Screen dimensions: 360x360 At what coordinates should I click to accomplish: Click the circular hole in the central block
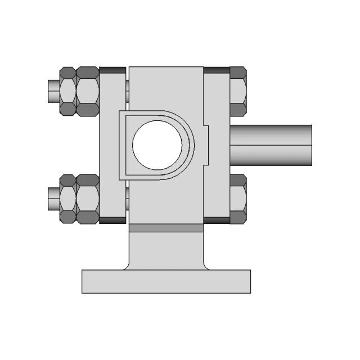click(157, 145)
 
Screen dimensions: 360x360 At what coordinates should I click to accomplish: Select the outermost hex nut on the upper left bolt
click(67, 91)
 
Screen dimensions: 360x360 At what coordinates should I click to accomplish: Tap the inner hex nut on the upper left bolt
click(87, 91)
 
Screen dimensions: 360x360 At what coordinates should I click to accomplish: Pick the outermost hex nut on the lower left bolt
click(67, 199)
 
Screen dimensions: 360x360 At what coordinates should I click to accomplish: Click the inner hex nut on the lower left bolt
click(87, 199)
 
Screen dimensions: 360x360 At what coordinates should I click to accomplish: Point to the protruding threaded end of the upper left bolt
click(52, 91)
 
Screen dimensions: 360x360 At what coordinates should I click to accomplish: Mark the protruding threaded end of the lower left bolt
click(52, 199)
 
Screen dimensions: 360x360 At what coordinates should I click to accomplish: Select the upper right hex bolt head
click(238, 91)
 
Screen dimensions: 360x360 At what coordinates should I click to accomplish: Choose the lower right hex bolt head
click(238, 199)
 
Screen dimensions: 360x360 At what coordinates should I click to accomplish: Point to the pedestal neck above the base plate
click(166, 250)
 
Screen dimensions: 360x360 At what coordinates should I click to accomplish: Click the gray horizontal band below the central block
click(166, 228)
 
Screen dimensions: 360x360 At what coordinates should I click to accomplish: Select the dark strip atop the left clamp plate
click(112, 70)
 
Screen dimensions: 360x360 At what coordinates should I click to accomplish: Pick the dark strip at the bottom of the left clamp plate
click(112, 220)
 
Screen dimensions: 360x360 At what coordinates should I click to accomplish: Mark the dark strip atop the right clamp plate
click(217, 70)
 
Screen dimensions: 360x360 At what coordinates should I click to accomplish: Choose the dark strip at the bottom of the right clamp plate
click(217, 220)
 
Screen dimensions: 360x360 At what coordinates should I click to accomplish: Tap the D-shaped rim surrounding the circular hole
click(191, 145)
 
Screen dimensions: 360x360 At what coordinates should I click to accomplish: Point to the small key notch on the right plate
click(205, 145)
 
